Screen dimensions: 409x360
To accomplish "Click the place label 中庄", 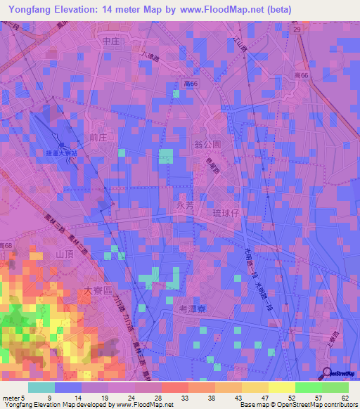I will point(112,42).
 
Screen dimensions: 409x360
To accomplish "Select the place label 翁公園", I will point(207,144).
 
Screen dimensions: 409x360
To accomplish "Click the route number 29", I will point(297,30).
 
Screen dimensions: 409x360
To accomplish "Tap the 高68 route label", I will point(6,245).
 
